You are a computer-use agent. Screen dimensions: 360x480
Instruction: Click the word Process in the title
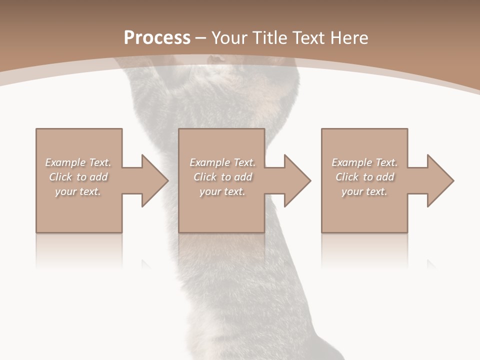click(x=157, y=38)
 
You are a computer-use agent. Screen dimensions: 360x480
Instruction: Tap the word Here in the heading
click(x=350, y=38)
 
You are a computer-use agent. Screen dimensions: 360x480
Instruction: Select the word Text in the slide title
click(x=310, y=38)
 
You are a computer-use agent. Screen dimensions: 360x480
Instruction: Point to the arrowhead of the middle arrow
click(x=297, y=180)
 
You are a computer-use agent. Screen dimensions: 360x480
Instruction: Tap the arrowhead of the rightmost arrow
click(x=440, y=180)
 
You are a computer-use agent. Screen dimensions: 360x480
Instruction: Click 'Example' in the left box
click(x=65, y=162)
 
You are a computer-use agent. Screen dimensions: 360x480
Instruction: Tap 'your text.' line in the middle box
click(x=222, y=191)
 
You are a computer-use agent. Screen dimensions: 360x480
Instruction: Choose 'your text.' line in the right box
click(x=364, y=191)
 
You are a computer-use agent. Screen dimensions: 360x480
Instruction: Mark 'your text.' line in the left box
click(x=78, y=191)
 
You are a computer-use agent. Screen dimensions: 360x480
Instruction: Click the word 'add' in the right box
click(x=385, y=177)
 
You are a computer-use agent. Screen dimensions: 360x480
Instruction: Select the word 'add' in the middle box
click(x=243, y=177)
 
